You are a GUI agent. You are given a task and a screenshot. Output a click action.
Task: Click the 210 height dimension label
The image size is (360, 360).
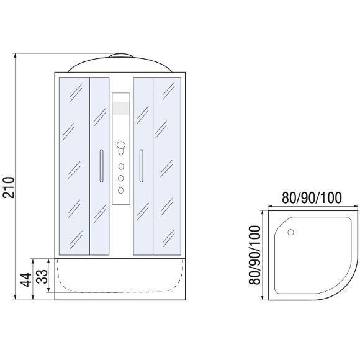click(9, 187)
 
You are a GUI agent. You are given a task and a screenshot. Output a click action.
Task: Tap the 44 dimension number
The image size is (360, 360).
click(25, 280)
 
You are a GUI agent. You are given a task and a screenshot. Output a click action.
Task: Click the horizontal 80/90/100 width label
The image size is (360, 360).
click(312, 197)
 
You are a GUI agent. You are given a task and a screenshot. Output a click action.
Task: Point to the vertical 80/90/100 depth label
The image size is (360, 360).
click(255, 255)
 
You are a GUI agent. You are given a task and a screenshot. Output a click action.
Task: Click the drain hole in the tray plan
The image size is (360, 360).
click(290, 232)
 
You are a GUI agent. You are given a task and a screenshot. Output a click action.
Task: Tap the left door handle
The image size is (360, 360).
click(101, 166)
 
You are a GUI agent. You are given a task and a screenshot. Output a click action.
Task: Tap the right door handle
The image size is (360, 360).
click(141, 166)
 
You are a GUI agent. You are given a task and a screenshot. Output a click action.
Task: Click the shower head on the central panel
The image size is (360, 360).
click(121, 148)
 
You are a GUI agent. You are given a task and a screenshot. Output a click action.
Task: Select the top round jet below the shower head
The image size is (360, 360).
click(121, 166)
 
